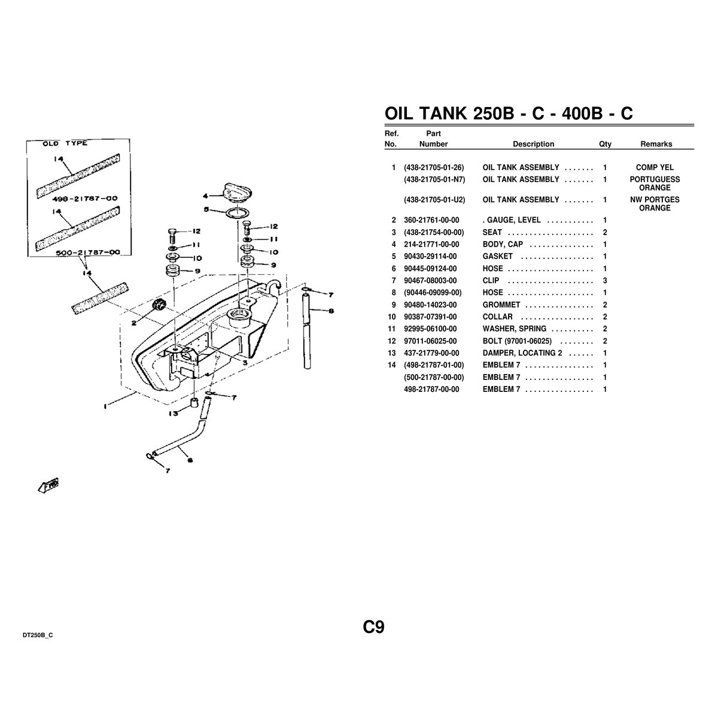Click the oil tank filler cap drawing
click(x=236, y=192)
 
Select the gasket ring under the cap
click(x=238, y=213)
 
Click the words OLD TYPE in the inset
click(x=65, y=144)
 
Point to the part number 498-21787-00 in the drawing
click(x=84, y=199)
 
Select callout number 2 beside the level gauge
click(x=134, y=323)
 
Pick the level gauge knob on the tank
click(x=159, y=304)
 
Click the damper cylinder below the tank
click(x=194, y=404)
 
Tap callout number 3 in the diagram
click(x=245, y=363)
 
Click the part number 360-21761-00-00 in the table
click(x=431, y=220)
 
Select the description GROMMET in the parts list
click(x=501, y=305)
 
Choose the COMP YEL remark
click(x=655, y=168)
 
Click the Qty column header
click(x=605, y=144)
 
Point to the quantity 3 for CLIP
click(x=605, y=281)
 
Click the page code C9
click(x=373, y=627)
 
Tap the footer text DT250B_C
click(x=38, y=635)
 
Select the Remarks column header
click(x=656, y=144)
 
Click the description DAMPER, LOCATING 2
click(x=522, y=353)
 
